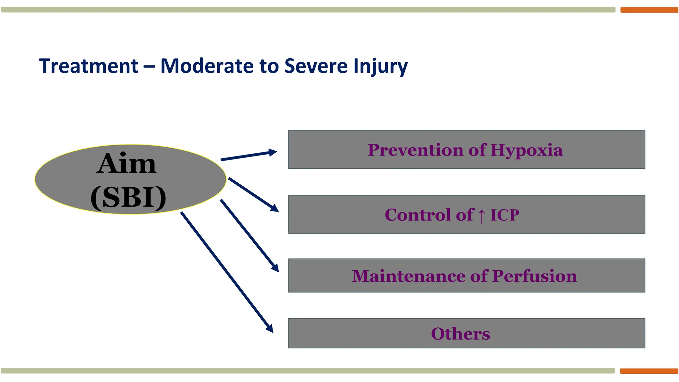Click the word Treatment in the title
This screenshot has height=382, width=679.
click(x=89, y=66)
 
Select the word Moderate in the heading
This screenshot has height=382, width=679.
click(x=207, y=66)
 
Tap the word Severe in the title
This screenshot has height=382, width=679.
click(x=315, y=66)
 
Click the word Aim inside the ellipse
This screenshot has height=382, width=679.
click(x=126, y=163)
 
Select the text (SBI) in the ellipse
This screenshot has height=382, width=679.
click(x=128, y=197)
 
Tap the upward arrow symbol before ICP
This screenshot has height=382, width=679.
click(x=482, y=216)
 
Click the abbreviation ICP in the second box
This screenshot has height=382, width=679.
click(x=505, y=215)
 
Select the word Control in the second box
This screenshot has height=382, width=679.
click(x=417, y=215)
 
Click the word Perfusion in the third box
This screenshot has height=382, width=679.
click(x=534, y=276)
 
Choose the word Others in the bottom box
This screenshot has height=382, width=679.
click(x=460, y=334)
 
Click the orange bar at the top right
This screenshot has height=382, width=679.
click(x=649, y=10)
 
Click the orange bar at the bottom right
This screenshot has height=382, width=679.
click(x=649, y=371)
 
